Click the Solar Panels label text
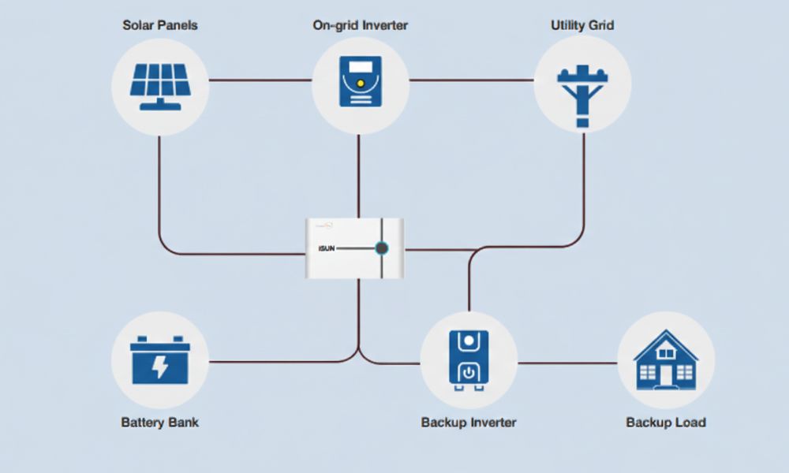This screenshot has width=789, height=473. point(159,25)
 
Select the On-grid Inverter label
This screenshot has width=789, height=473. point(360,25)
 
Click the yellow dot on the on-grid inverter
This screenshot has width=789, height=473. point(360,82)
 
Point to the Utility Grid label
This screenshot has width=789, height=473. point(582,25)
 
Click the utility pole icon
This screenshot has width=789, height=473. point(582,91)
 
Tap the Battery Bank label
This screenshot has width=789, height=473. point(159,423)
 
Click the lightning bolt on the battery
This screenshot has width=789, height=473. point(160,366)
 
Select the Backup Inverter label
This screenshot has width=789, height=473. point(469,423)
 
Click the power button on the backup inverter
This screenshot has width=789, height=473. point(469,372)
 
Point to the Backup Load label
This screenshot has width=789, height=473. point(666,423)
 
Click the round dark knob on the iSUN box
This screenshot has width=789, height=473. point(381,248)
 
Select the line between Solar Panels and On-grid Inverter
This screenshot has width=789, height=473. point(260,80)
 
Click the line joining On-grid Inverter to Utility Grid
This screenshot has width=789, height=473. point(471,80)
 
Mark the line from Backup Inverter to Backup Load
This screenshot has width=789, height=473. point(567,363)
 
